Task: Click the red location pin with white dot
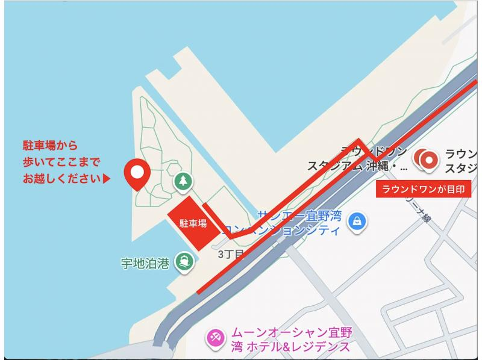(x=137, y=174)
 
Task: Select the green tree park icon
(x=182, y=181)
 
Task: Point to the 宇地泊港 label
(x=145, y=262)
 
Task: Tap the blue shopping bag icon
(x=358, y=221)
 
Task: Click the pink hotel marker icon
(x=214, y=339)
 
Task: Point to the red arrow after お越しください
(x=107, y=179)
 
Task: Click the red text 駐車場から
(x=50, y=145)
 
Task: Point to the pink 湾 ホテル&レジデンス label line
(x=286, y=347)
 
